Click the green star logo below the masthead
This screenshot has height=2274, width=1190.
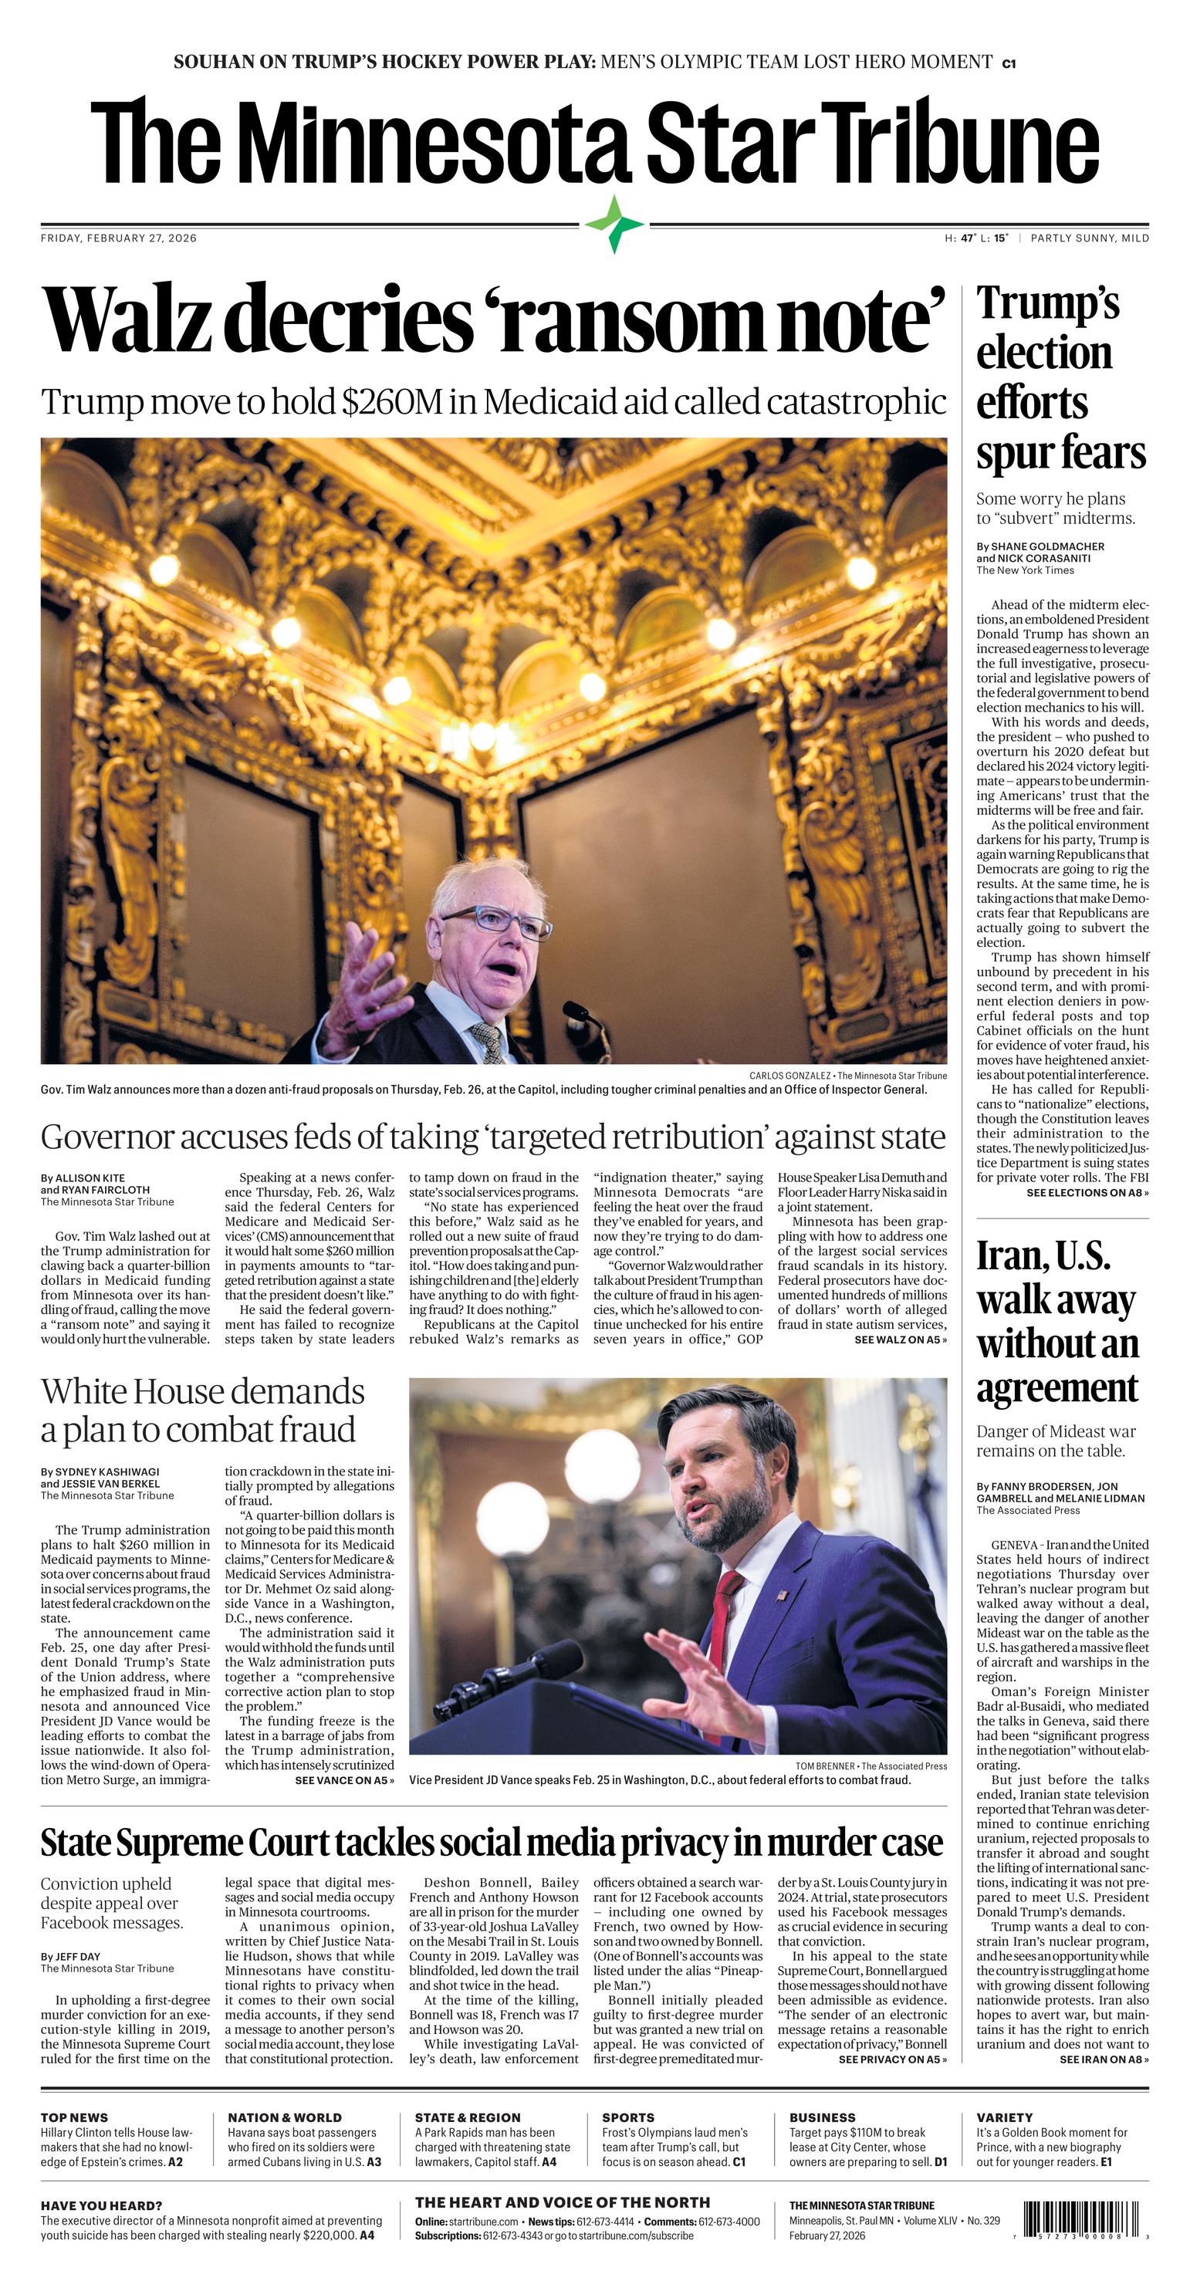(x=614, y=225)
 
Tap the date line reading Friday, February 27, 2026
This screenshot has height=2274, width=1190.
(x=118, y=238)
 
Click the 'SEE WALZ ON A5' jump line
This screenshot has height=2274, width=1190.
(x=900, y=1339)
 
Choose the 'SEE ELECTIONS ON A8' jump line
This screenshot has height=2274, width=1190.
(x=1087, y=1193)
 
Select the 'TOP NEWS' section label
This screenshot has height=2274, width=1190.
(x=74, y=2117)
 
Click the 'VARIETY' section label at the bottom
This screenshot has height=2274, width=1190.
(x=1004, y=2117)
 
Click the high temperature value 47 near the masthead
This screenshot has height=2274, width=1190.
(x=969, y=238)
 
